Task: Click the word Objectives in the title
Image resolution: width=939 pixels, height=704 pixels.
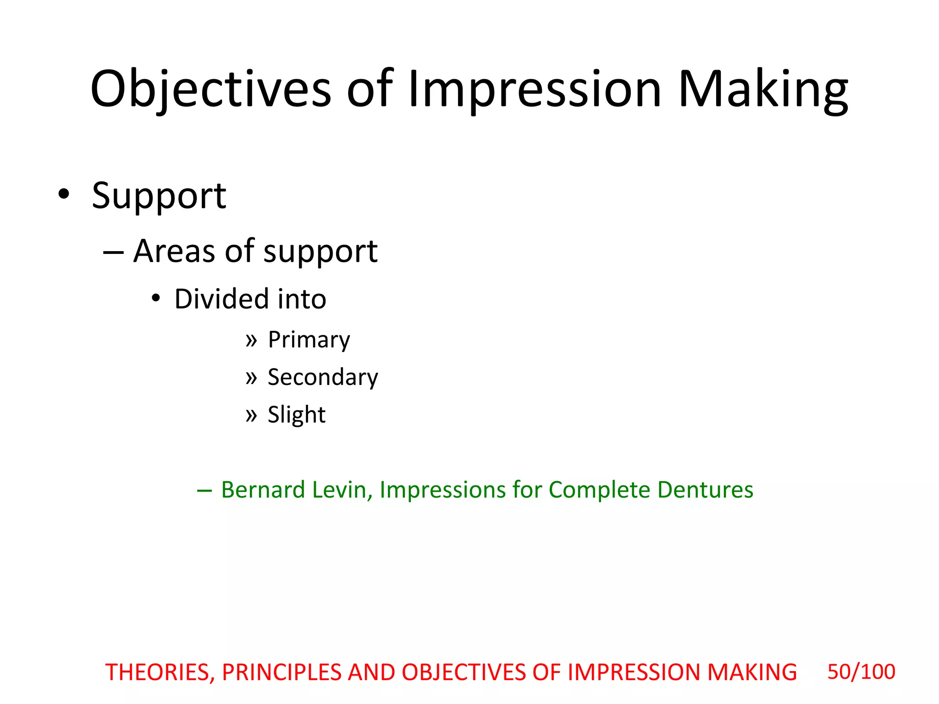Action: coord(210,89)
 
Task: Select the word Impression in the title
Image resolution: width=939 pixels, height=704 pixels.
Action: coord(535,89)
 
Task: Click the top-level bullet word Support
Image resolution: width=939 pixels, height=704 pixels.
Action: coord(159,196)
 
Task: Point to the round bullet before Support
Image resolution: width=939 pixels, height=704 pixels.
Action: coord(64,194)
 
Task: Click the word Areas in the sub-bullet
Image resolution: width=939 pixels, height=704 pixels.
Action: coord(174,251)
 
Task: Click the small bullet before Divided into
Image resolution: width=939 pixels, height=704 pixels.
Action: coord(156,298)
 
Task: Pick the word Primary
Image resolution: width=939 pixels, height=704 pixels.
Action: coord(309,340)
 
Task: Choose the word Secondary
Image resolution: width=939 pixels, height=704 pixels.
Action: coord(323,377)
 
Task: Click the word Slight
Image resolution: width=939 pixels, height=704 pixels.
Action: coord(297,415)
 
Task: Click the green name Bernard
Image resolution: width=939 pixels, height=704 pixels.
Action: coord(263,489)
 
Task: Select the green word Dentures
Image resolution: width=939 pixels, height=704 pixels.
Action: coord(705,489)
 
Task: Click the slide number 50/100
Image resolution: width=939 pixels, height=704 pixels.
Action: coord(861,672)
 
